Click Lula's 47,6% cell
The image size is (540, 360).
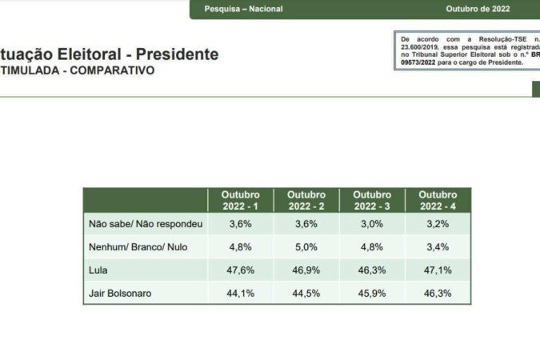tap(241, 270)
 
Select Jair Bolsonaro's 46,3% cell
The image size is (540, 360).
tap(438, 294)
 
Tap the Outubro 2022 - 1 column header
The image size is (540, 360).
tap(241, 200)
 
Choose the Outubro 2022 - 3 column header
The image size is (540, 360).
tap(372, 200)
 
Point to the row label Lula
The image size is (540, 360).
tap(98, 270)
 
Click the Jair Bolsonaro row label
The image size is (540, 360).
tap(120, 294)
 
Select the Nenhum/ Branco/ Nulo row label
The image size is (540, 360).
tap(138, 247)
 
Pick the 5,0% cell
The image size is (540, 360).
tap(306, 247)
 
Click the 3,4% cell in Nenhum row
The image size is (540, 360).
tap(438, 247)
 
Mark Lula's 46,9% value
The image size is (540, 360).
tap(306, 270)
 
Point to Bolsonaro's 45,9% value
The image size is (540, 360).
tap(372, 294)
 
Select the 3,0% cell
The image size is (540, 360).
tap(372, 224)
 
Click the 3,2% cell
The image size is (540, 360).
tap(438, 224)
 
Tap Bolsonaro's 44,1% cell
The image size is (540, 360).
tap(241, 294)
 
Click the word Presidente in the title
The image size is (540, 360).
tap(177, 54)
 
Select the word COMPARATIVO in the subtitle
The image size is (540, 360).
tap(113, 70)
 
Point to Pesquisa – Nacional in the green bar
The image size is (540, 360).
tap(243, 10)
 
